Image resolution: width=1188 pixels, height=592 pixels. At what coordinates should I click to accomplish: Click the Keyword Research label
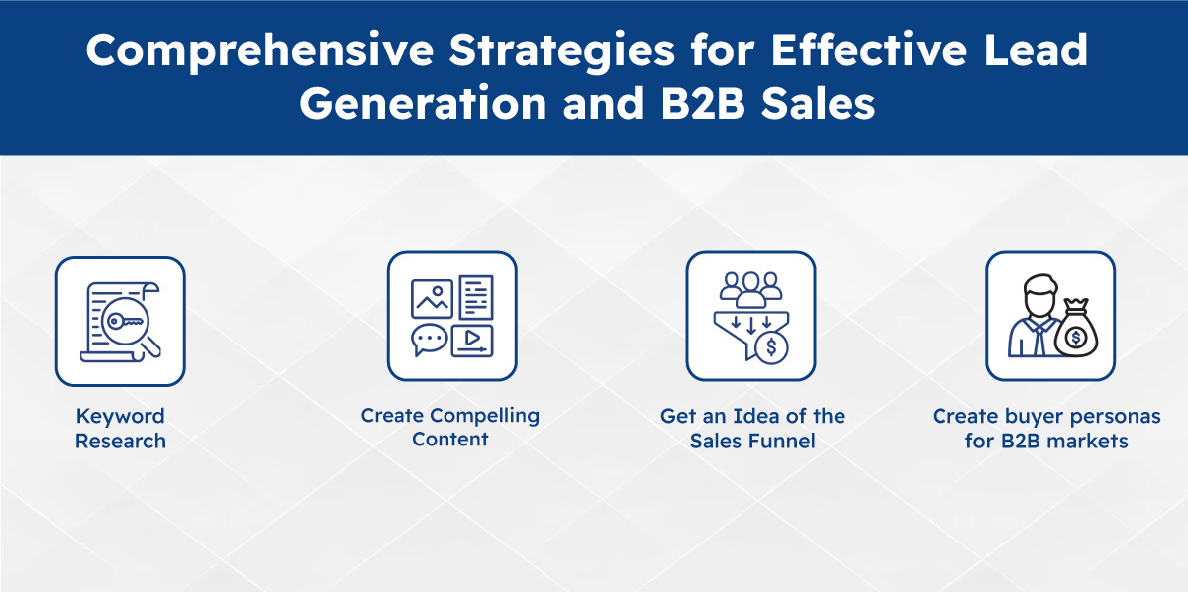click(121, 428)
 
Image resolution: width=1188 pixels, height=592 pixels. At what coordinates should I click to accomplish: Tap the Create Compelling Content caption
click(450, 427)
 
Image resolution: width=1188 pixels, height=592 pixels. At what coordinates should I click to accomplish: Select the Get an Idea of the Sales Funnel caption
click(752, 428)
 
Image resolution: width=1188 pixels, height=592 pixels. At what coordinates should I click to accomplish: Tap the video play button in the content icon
click(472, 340)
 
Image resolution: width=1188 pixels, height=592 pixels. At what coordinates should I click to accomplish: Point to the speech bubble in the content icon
click(430, 340)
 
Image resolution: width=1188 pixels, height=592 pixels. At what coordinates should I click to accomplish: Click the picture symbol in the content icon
click(432, 297)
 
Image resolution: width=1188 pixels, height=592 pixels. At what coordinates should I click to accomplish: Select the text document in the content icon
click(475, 296)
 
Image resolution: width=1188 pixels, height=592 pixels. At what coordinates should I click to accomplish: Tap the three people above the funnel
click(750, 288)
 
